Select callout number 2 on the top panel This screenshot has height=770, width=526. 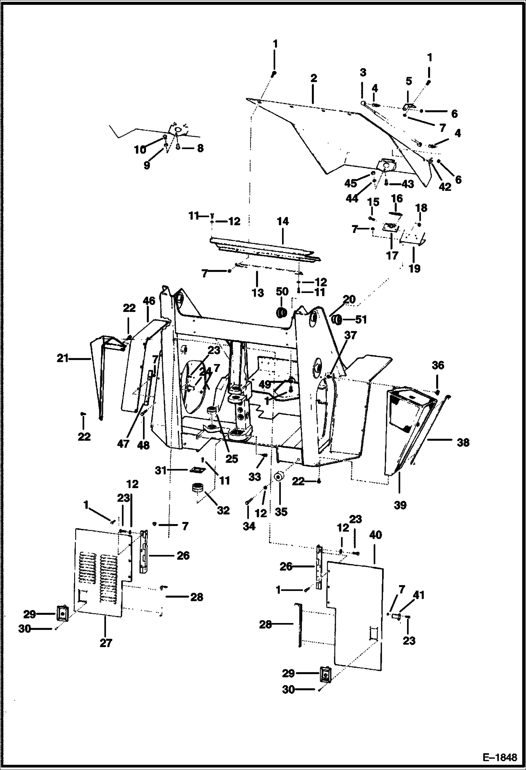(x=314, y=78)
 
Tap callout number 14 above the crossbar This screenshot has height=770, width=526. (x=283, y=221)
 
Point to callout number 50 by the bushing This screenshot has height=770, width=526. (x=282, y=291)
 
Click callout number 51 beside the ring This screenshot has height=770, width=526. (x=361, y=319)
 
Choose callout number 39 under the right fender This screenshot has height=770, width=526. (x=400, y=505)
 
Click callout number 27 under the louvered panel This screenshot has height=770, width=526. (x=106, y=643)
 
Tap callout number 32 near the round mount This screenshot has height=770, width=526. (x=223, y=510)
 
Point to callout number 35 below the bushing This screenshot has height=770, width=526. (x=281, y=512)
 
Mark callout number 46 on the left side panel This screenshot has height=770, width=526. (x=149, y=301)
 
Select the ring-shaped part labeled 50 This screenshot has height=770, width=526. (x=281, y=312)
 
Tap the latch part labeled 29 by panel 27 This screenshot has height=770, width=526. (x=62, y=614)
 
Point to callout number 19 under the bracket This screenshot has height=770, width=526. (x=414, y=268)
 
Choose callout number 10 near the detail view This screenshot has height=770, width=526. (x=140, y=150)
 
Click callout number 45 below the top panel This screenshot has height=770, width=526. (x=350, y=183)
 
